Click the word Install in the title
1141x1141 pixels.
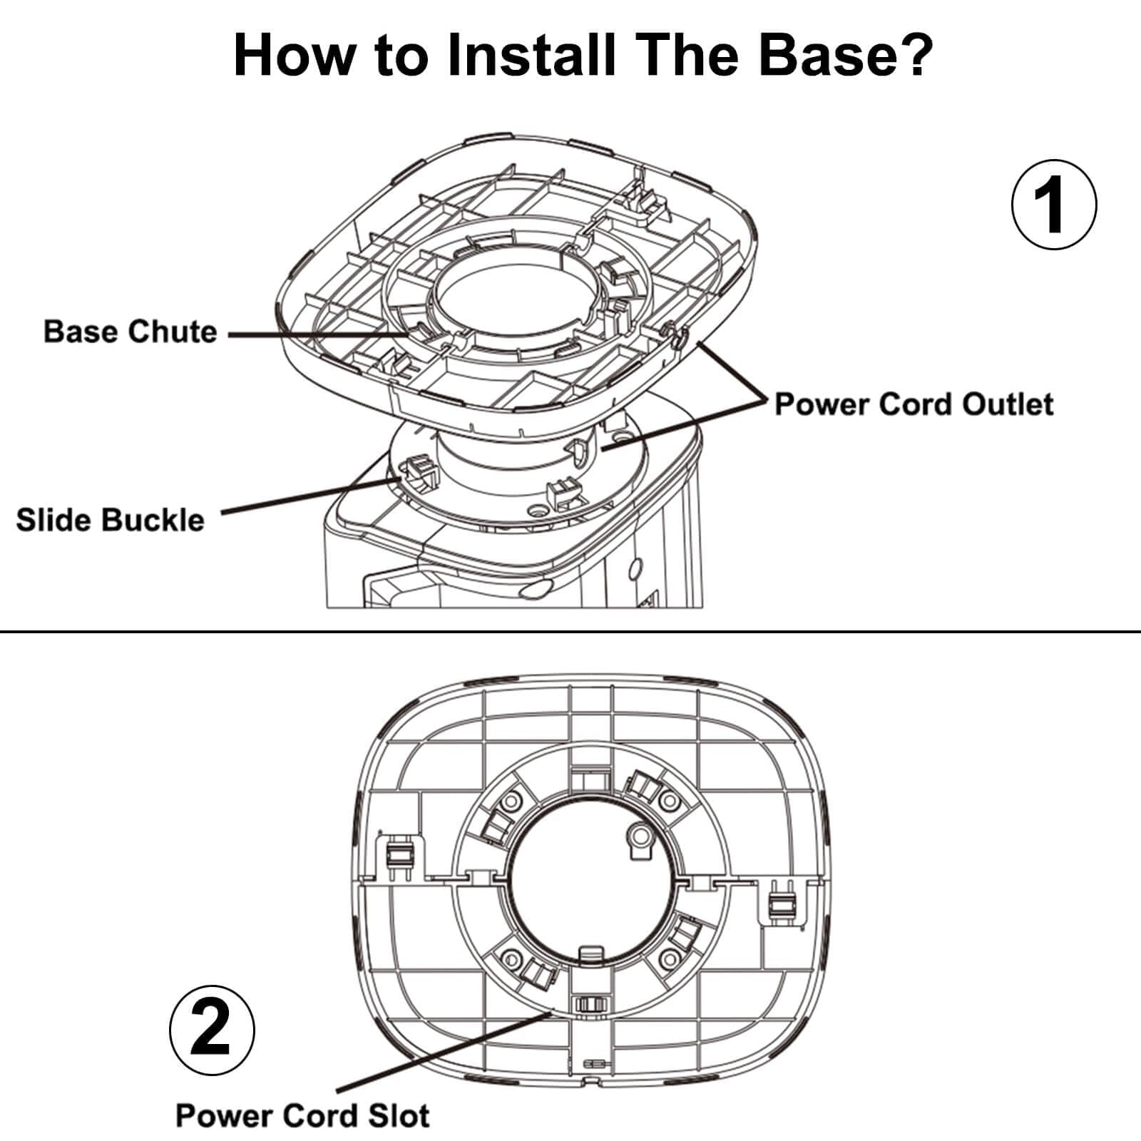[531, 55]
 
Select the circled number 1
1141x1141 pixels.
[1054, 205]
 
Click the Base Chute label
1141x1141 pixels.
[131, 332]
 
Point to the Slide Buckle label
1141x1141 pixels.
[110, 520]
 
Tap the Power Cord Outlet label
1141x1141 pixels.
[914, 404]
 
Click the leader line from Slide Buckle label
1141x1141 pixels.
[307, 496]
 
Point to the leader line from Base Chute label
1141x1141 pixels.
[314, 334]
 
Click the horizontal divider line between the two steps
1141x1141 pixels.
[570, 632]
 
